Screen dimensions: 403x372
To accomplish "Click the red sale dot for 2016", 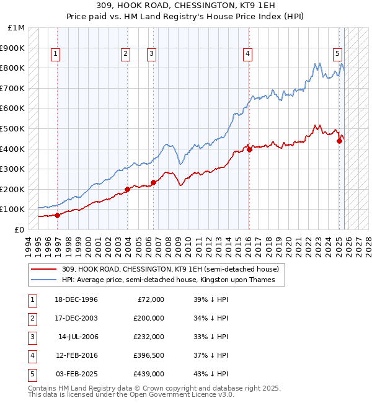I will click(x=249, y=149).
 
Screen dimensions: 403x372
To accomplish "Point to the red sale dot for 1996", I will click(x=57, y=215).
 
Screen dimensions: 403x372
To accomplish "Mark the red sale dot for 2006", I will click(x=153, y=182).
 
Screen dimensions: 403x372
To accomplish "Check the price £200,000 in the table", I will click(x=149, y=318).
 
